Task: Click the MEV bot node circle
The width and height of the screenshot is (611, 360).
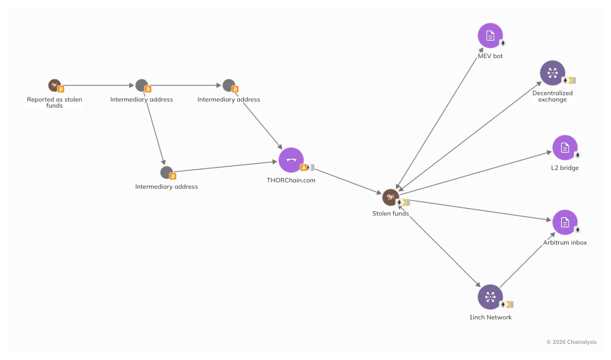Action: (490, 35)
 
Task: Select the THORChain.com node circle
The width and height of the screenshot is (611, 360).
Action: (291, 160)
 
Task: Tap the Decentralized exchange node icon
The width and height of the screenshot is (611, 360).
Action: (552, 73)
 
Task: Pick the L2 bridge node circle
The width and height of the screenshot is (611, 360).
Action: (565, 148)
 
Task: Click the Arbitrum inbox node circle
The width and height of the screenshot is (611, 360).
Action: (565, 222)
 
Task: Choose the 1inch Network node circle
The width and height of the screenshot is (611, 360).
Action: (490, 297)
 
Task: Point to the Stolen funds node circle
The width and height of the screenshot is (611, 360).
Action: (391, 197)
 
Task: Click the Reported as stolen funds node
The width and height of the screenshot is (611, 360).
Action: (54, 85)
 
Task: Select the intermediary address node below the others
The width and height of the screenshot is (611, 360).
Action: (166, 172)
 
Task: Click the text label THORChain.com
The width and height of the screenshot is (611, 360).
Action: (291, 180)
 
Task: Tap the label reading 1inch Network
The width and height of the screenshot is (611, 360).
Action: (490, 317)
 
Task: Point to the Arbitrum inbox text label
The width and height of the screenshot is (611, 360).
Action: (565, 242)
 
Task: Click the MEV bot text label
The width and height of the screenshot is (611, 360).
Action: (490, 56)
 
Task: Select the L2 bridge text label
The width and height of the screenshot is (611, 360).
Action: (565, 168)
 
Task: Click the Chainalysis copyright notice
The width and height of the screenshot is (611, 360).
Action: (571, 342)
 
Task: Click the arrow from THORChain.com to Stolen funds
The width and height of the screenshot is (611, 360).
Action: (348, 181)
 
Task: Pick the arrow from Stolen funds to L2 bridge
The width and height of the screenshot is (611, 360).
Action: (475, 173)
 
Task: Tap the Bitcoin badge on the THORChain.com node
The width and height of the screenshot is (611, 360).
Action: (303, 167)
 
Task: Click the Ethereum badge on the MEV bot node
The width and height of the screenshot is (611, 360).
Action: (503, 43)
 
